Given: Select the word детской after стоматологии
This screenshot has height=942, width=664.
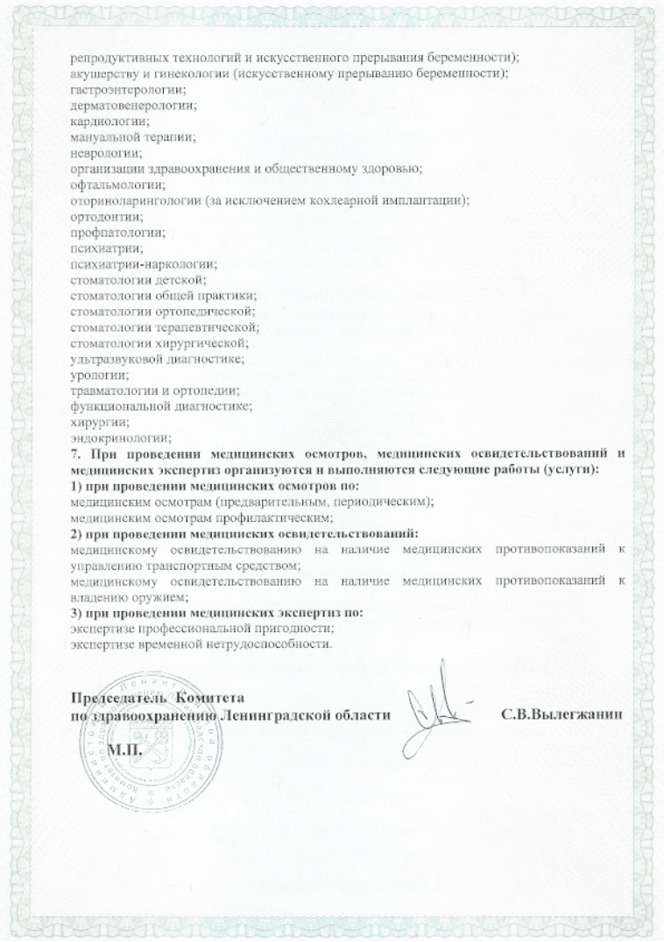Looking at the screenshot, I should (182, 280).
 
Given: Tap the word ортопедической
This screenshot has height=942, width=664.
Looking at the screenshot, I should (210, 312).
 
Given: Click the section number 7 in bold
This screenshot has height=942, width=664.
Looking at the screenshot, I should (74, 454).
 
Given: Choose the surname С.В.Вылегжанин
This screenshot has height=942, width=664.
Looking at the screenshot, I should (562, 714).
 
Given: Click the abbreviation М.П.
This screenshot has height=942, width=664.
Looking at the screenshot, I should (124, 751).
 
